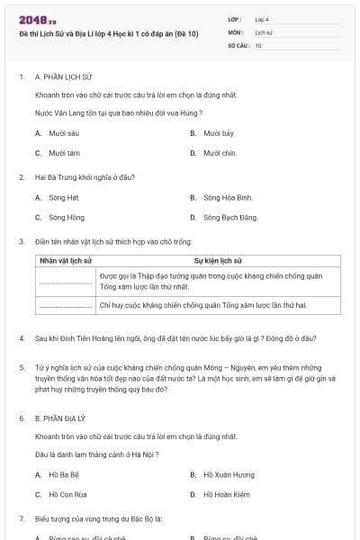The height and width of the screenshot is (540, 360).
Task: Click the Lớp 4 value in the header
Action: point(262,18)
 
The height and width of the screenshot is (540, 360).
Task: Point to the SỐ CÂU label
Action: point(237,44)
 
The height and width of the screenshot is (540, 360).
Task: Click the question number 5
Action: point(22,368)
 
